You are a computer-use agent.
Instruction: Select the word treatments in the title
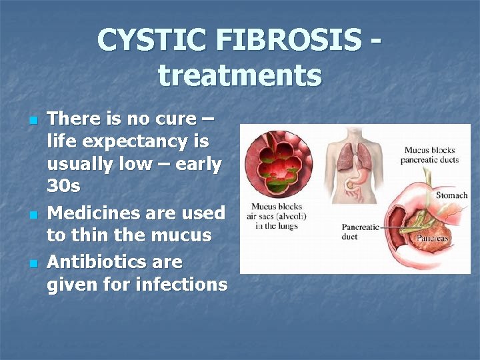coord(240,75)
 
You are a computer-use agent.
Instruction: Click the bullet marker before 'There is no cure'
coord(32,121)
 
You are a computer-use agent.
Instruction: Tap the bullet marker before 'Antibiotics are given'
coord(32,263)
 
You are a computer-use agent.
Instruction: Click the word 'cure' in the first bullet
coord(172,119)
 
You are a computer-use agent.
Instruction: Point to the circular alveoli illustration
coord(279,163)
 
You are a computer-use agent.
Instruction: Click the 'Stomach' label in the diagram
coord(451,195)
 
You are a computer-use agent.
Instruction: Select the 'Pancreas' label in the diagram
coord(432,237)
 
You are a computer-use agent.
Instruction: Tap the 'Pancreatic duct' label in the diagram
coord(360,231)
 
